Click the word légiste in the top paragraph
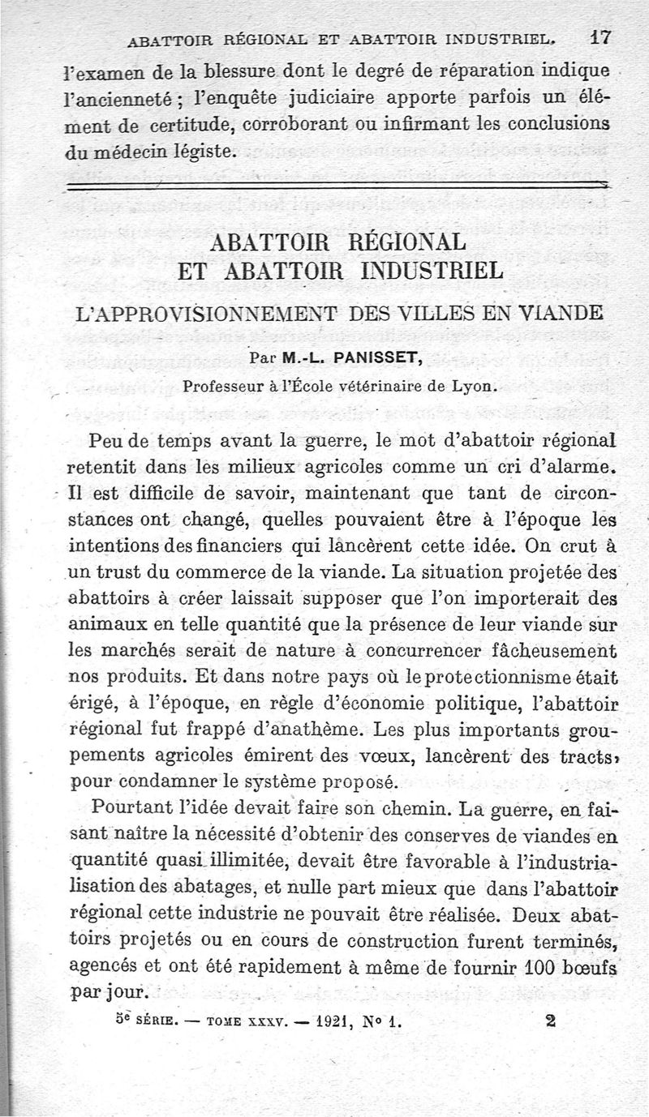tap(207, 149)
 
